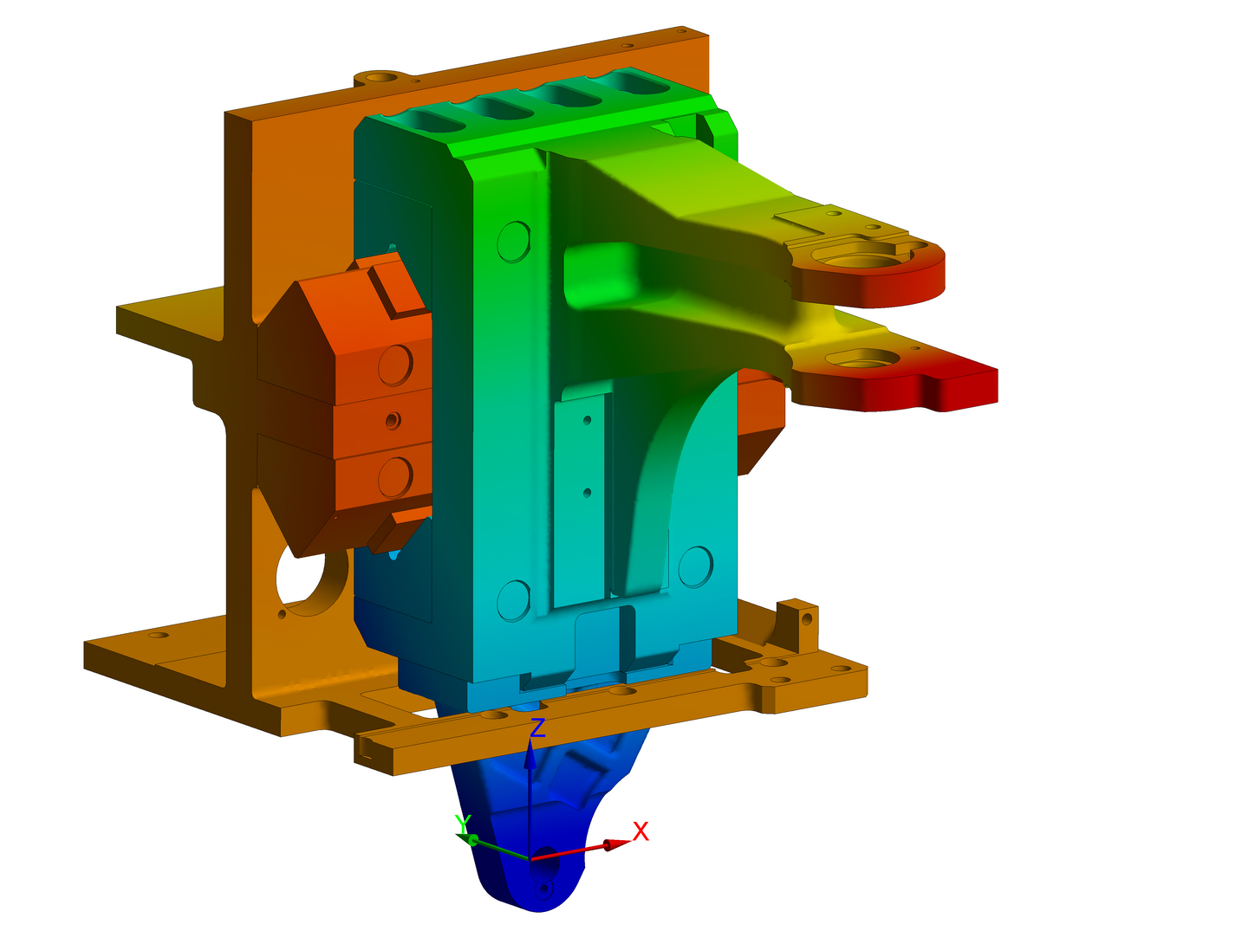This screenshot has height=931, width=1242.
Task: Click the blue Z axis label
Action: pos(537,727)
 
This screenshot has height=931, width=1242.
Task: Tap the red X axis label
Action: pos(641,831)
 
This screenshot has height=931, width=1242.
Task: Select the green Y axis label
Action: pos(463,823)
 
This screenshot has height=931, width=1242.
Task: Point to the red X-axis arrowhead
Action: pos(616,844)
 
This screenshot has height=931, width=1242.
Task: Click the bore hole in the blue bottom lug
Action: pos(547,857)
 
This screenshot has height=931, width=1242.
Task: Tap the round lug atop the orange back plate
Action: pos(380,78)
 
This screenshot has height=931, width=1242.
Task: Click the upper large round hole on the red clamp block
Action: pos(395,364)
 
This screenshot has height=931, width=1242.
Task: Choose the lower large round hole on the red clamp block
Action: pos(395,476)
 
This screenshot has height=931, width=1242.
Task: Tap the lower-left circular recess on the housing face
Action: pos(514,600)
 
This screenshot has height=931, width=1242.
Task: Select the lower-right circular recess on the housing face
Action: pos(695,566)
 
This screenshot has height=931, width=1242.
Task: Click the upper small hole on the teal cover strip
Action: pos(588,420)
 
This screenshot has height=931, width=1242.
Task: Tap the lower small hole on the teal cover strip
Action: pos(588,493)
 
